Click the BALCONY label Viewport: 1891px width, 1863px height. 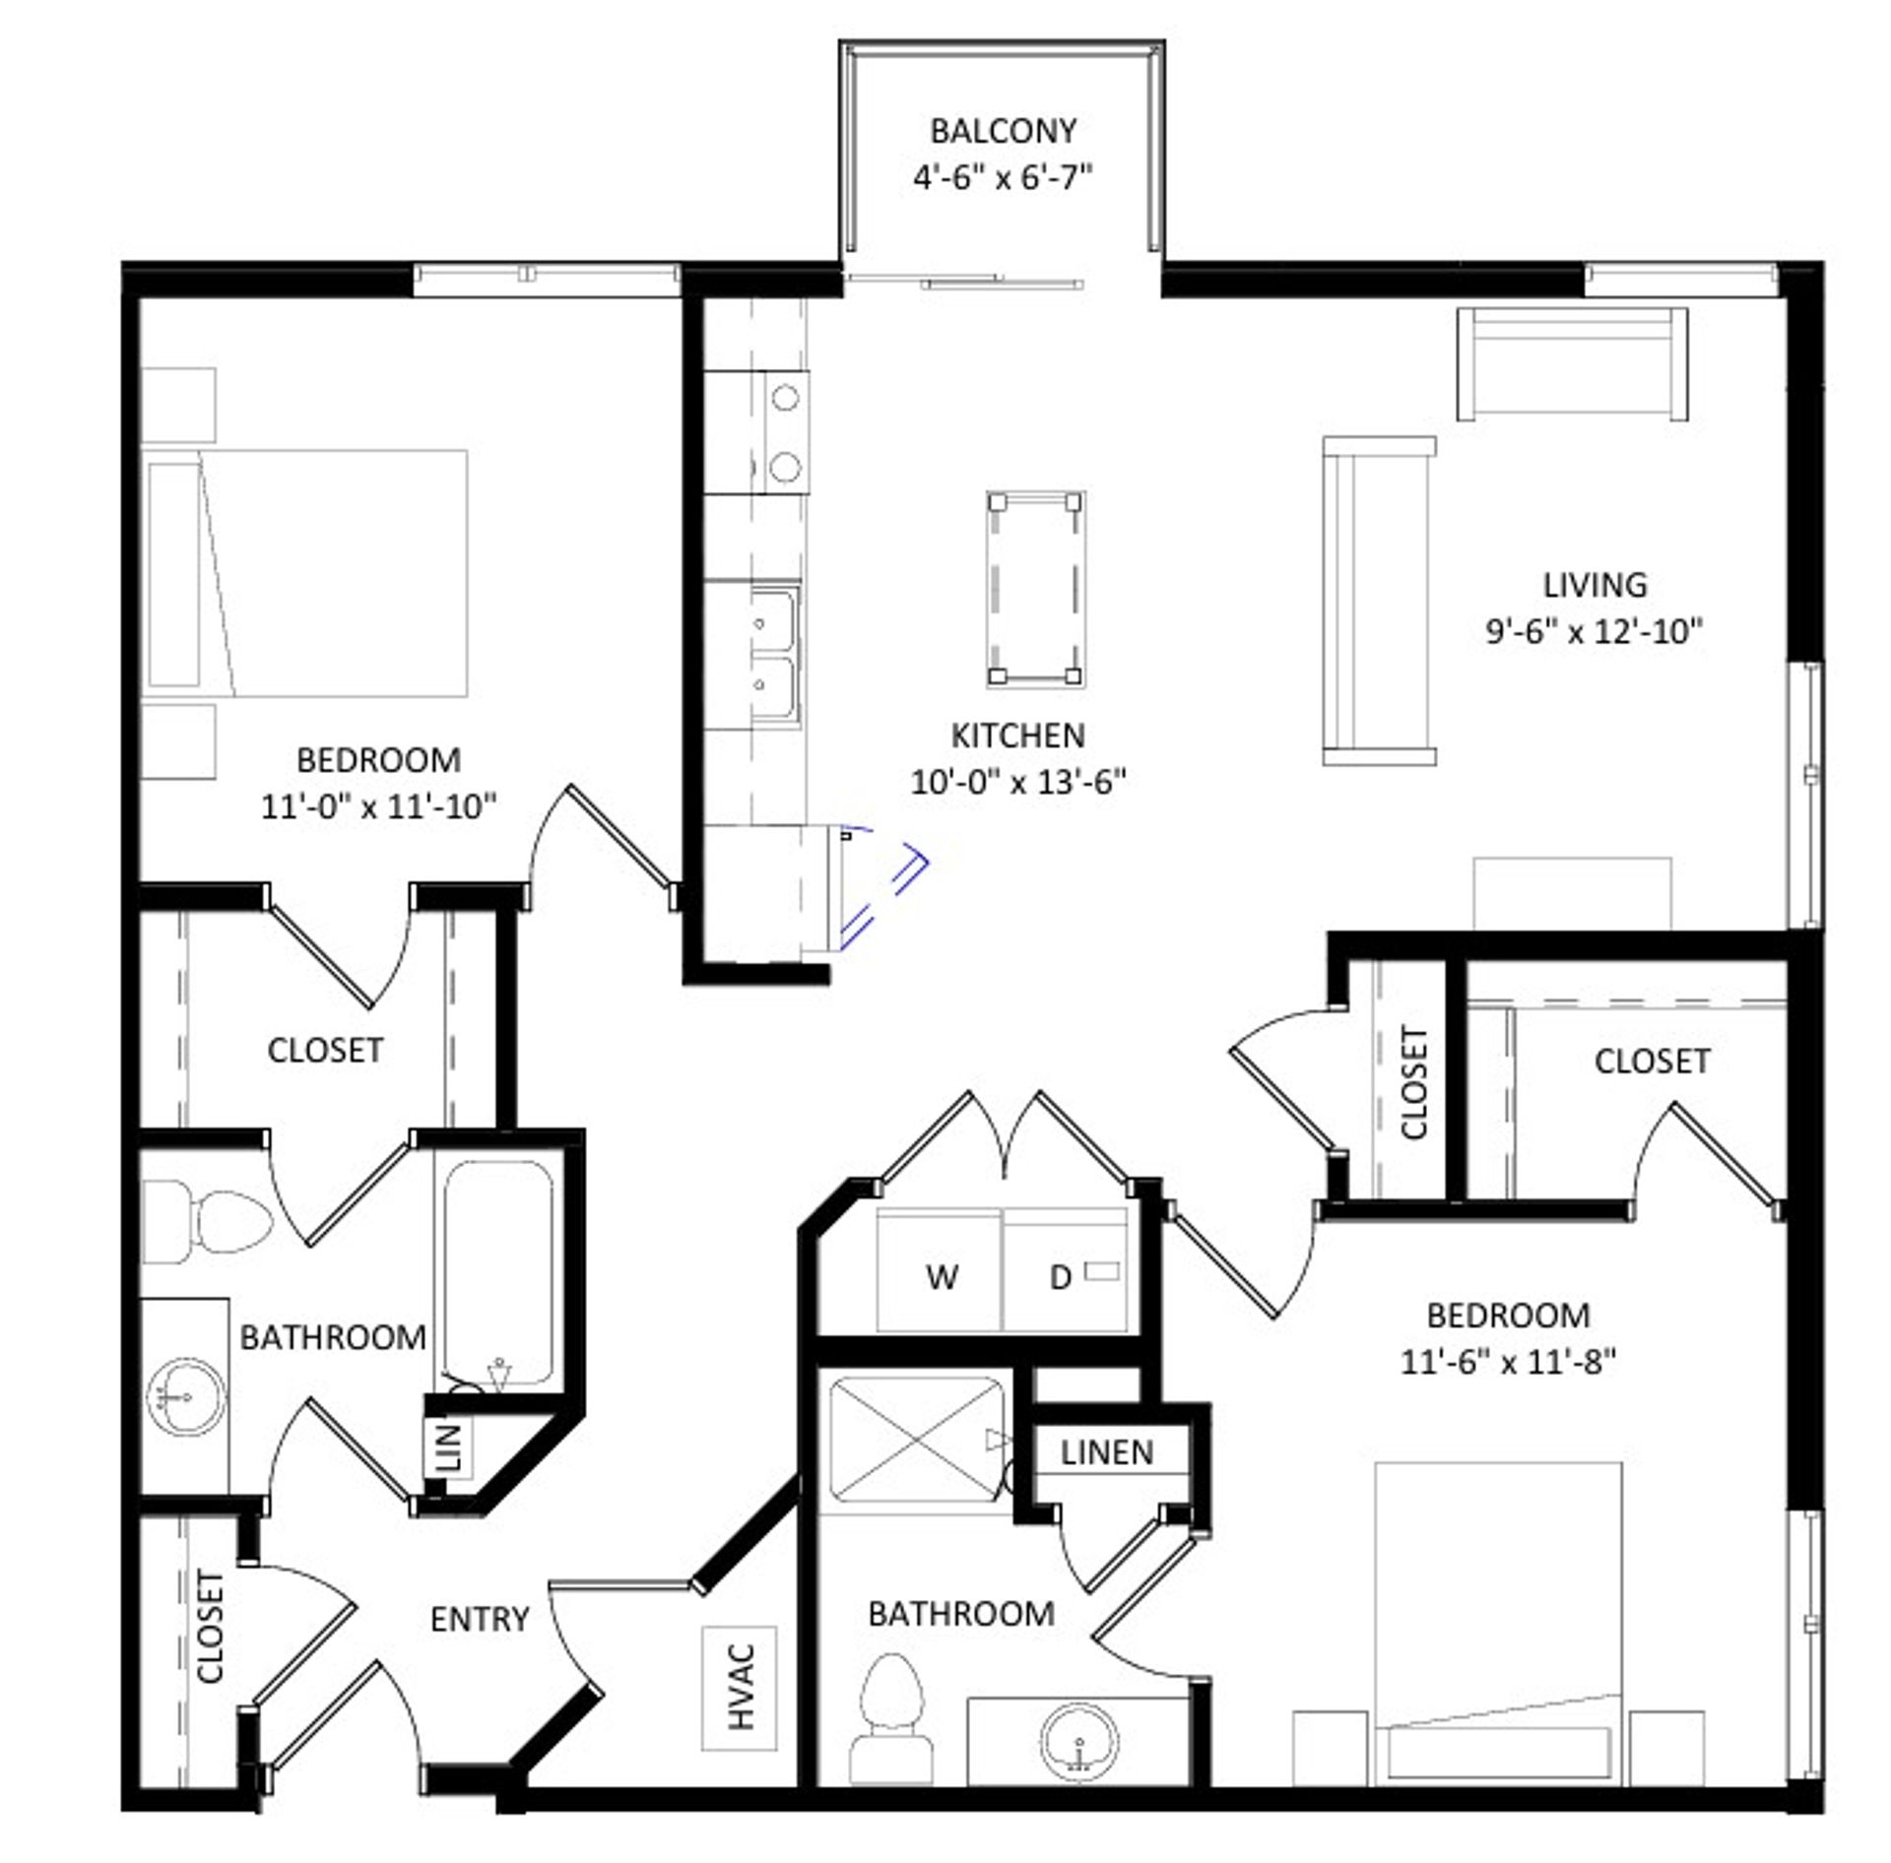pos(1003,130)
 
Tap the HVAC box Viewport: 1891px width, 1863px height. pos(740,1687)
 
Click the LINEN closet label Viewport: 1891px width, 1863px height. pos(1107,1452)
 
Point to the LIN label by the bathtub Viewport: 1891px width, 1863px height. pos(448,1446)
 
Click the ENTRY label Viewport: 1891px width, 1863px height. pos(480,1619)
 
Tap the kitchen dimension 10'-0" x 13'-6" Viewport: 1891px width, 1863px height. pos(1017,782)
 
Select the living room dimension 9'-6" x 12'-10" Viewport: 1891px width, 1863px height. pos(1594,631)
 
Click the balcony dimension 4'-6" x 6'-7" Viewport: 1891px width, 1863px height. pos(1003,178)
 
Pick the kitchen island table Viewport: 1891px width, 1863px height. pos(1035,590)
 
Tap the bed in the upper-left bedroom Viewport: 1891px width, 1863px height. pos(305,574)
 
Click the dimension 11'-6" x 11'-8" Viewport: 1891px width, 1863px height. pos(1508,1362)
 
